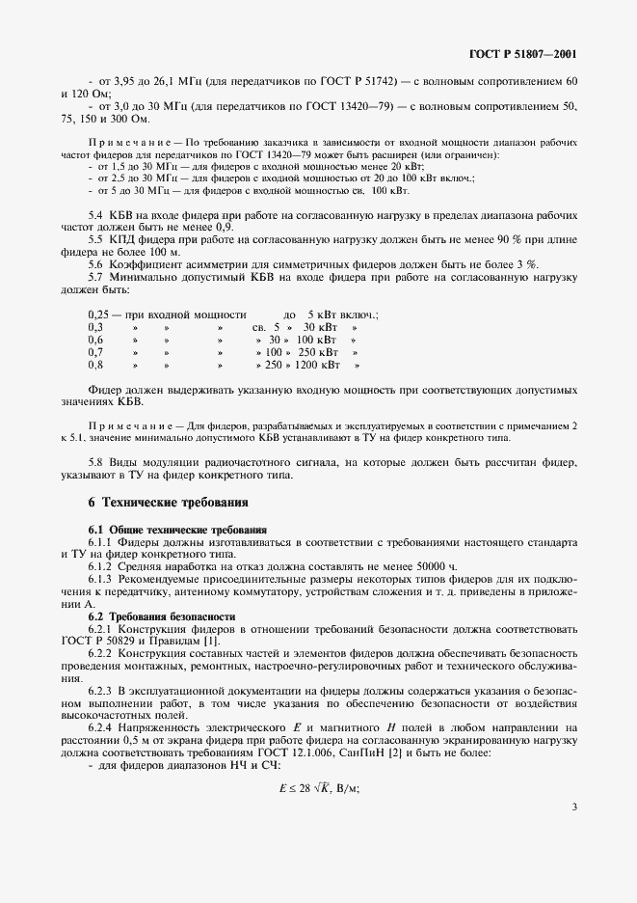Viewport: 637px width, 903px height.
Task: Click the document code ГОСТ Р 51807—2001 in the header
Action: click(522, 54)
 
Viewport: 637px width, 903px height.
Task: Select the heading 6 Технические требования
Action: click(168, 503)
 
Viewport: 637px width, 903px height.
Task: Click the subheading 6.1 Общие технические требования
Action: click(177, 530)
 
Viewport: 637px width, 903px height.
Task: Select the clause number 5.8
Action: click(96, 462)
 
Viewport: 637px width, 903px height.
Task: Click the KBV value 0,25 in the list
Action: click(97, 315)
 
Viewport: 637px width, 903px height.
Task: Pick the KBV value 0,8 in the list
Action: click(95, 366)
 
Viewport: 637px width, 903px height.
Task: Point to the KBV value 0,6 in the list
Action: click(95, 341)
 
